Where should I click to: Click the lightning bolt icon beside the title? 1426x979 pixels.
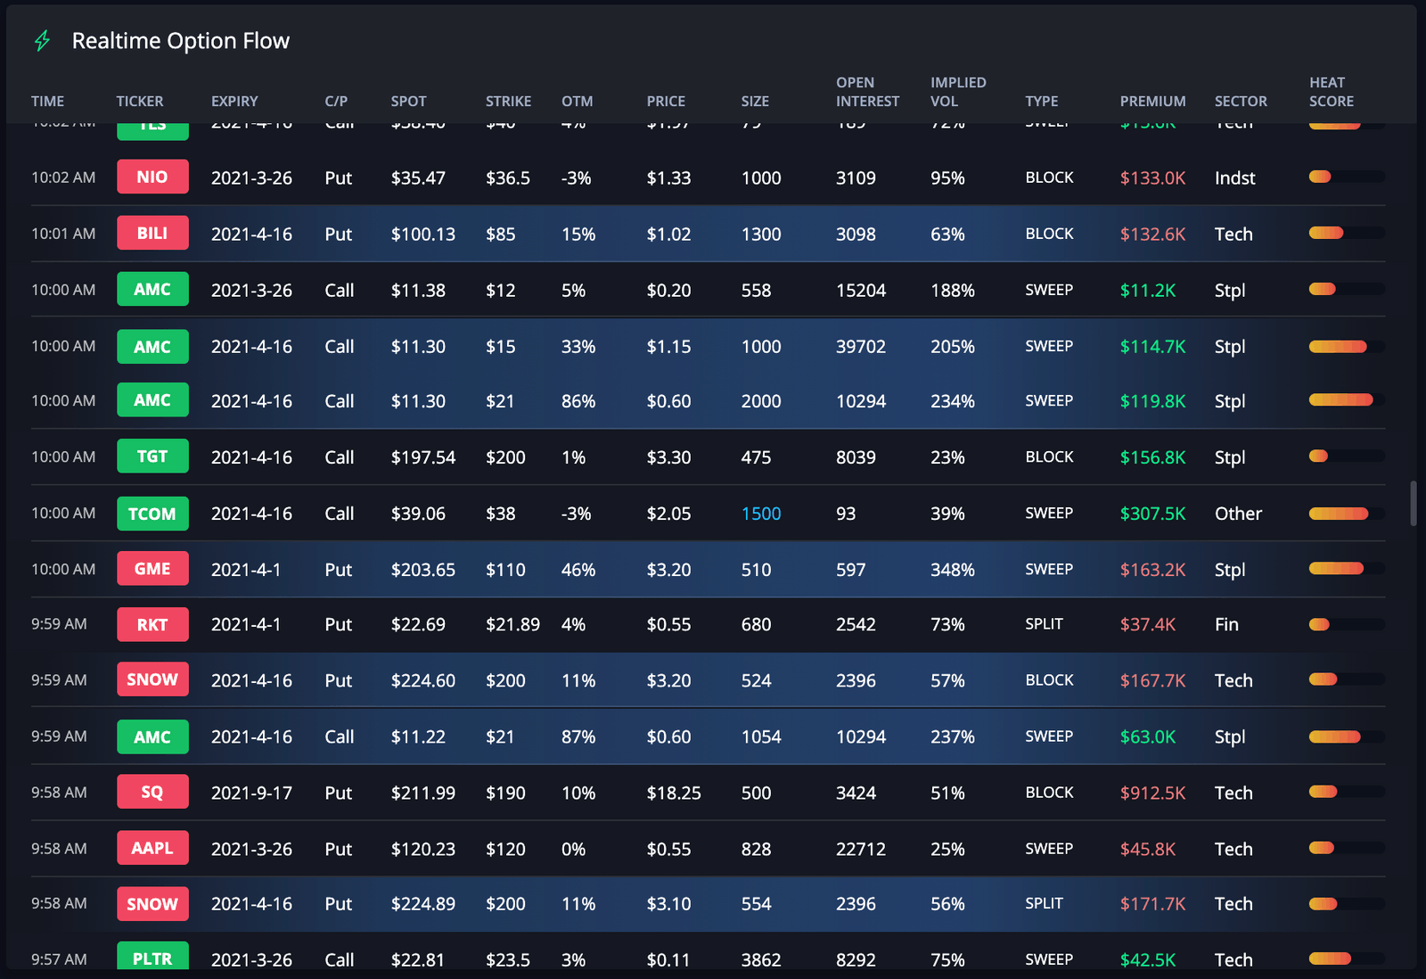pyautogui.click(x=42, y=41)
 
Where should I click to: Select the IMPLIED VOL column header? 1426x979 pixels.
pyautogui.click(x=958, y=92)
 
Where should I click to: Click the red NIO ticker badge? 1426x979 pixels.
pyautogui.click(x=152, y=177)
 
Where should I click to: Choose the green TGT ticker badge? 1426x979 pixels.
pyautogui.click(x=152, y=457)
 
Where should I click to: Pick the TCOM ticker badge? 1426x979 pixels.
pyautogui.click(x=152, y=514)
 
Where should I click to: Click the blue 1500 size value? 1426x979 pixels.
pyautogui.click(x=761, y=514)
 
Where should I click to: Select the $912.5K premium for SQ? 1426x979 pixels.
pyautogui.click(x=1152, y=793)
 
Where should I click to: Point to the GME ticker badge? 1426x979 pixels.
pyautogui.click(x=152, y=569)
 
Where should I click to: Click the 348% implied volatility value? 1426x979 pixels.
pyautogui.click(x=952, y=570)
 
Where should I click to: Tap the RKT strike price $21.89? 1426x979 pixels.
pyautogui.click(x=512, y=625)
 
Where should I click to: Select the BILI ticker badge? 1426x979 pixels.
pyautogui.click(x=152, y=234)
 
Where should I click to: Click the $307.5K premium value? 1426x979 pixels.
pyautogui.click(x=1152, y=514)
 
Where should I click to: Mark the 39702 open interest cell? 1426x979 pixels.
pyautogui.click(x=860, y=347)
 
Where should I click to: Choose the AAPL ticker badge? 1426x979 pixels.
pyautogui.click(x=152, y=848)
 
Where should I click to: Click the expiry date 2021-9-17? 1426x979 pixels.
pyautogui.click(x=251, y=793)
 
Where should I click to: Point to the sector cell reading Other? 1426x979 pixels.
pyautogui.click(x=1238, y=514)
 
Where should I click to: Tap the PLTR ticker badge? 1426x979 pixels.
pyautogui.click(x=152, y=958)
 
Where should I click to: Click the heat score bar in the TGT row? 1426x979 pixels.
pyautogui.click(x=1346, y=457)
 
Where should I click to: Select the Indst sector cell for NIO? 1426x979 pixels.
pyautogui.click(x=1234, y=178)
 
